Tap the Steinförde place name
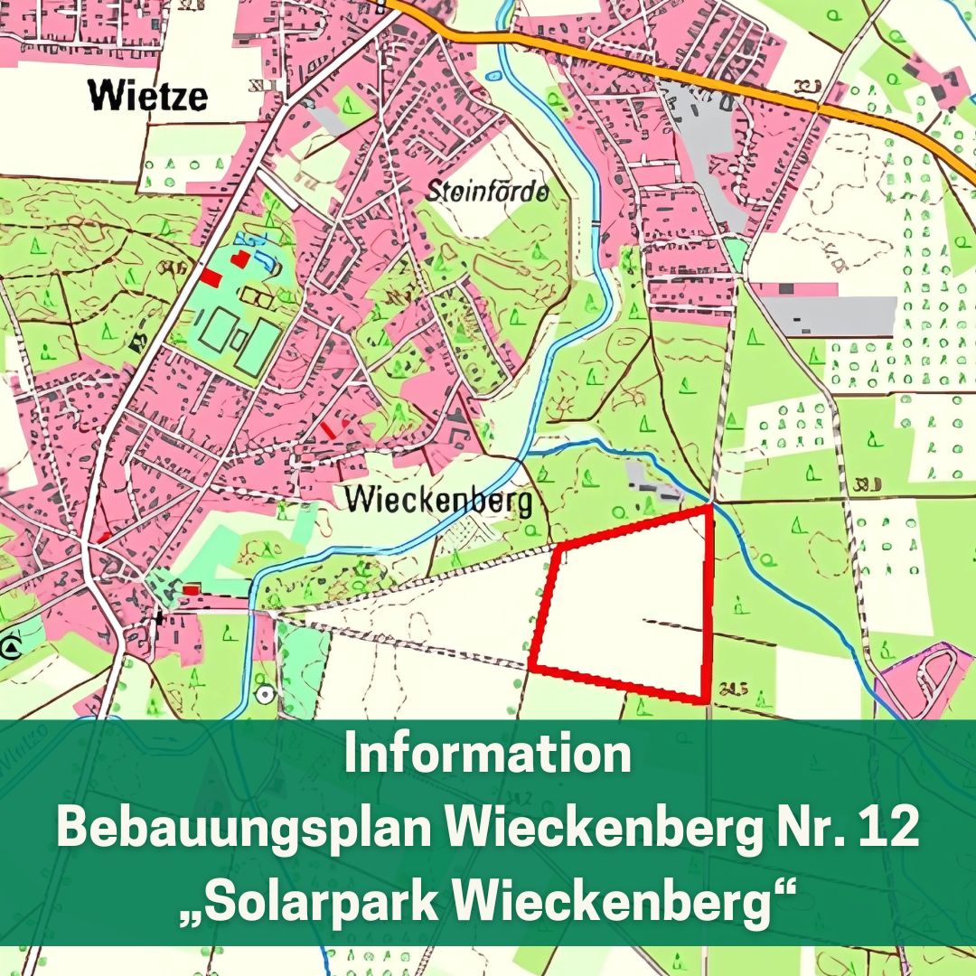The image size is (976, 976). coord(487,192)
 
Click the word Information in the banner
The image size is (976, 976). coord(487,755)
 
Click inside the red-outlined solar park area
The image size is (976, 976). coord(624,605)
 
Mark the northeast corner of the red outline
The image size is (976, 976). coord(709,508)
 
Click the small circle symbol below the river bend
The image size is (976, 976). coord(264,694)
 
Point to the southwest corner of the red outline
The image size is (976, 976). coord(530,669)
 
